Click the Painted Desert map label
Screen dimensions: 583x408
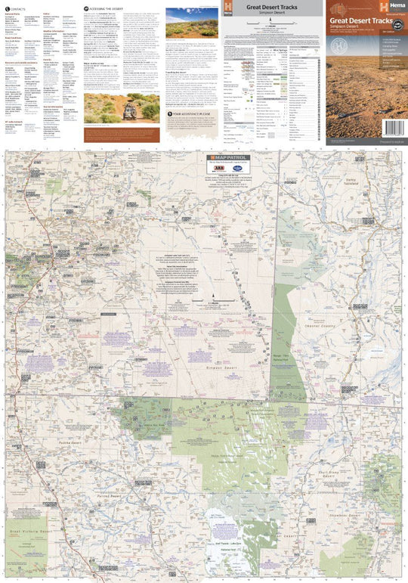click(110, 496)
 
